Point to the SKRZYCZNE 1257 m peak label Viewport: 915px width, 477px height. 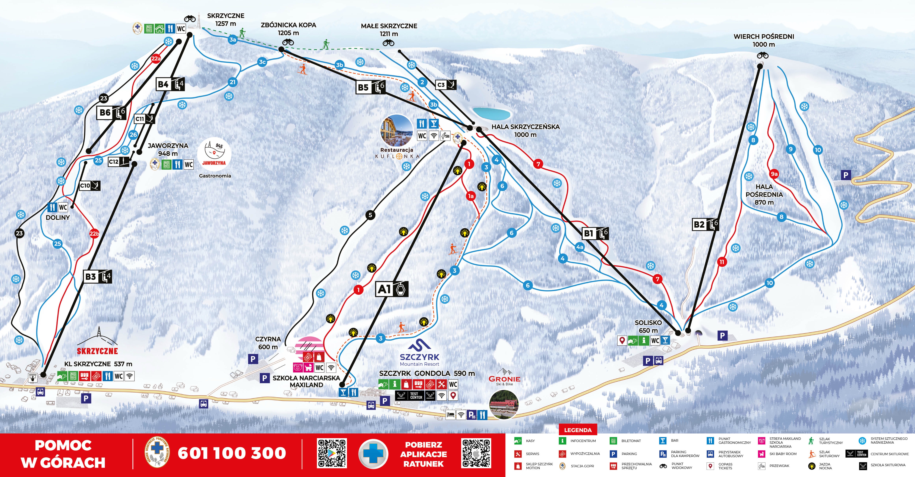point(226,20)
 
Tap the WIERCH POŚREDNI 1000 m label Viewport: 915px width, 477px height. point(764,40)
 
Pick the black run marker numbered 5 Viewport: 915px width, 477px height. point(370,215)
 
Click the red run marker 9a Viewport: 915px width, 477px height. point(774,174)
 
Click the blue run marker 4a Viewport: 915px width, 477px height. point(580,247)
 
